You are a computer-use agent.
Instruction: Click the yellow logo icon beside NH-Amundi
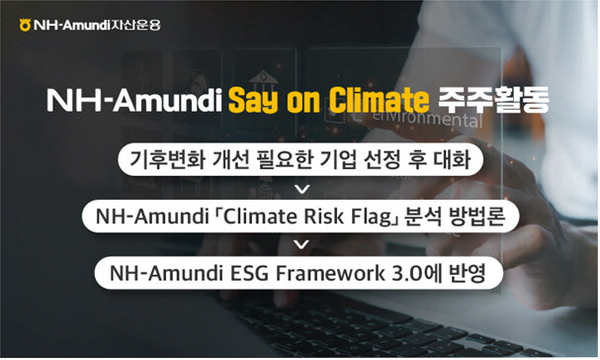(25, 25)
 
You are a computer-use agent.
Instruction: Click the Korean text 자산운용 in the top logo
(135, 25)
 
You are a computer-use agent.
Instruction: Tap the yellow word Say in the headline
(253, 101)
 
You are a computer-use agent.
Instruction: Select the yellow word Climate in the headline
(379, 100)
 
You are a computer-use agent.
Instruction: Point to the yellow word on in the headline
(303, 102)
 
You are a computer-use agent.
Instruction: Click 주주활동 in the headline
(493, 100)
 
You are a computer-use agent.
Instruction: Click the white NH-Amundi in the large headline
(134, 100)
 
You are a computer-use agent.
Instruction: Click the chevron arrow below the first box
(302, 189)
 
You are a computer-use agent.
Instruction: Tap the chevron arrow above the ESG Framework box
(302, 244)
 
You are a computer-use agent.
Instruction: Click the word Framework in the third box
(330, 273)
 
